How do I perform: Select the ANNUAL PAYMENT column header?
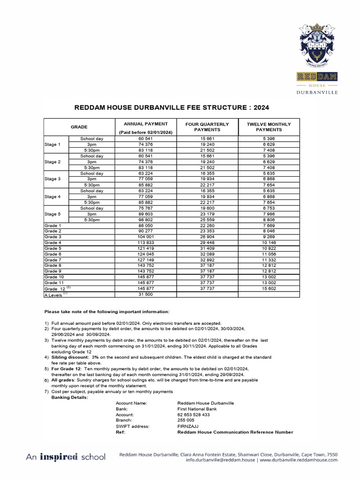pos(145,124)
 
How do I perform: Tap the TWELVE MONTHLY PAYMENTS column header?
pos(269,127)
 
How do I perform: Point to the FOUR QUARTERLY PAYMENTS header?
pos(207,127)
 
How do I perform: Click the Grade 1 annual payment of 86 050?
pos(145,225)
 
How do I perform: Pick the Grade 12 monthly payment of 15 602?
pos(269,289)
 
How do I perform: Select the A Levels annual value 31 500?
pos(145,295)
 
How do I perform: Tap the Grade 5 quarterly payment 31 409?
pos(207,248)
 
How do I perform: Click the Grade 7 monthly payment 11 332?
pos(269,260)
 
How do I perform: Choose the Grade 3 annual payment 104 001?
pos(145,237)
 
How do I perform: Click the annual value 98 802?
pos(145,219)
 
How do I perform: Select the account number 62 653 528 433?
pos(194,415)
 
